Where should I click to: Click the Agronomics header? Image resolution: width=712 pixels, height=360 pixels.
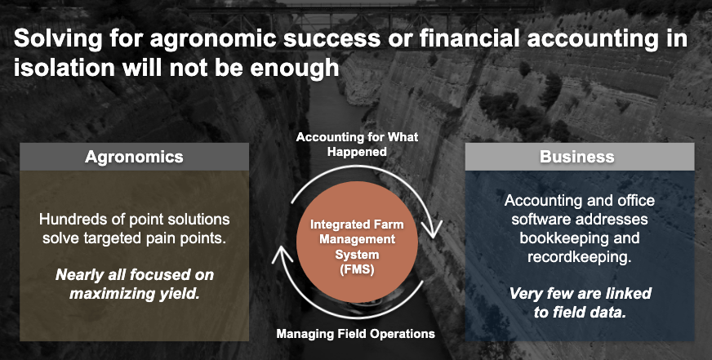pos(134,157)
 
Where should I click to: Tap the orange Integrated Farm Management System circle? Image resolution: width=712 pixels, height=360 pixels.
pos(357,242)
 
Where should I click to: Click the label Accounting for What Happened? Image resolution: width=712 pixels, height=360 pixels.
pos(357,144)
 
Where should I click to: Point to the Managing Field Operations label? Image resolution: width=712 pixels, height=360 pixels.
pos(355,334)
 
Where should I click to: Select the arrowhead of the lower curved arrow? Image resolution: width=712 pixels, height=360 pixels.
pos(282,256)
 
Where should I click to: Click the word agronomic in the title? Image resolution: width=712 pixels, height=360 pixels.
pos(212,39)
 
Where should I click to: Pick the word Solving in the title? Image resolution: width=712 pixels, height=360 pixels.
pos(58,39)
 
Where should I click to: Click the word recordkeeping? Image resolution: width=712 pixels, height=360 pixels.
pos(580,257)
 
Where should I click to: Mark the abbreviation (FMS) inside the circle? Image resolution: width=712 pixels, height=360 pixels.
pos(357,269)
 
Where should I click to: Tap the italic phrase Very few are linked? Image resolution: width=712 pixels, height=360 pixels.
pos(581,293)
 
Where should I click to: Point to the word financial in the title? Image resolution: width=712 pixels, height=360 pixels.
pos(475,39)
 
